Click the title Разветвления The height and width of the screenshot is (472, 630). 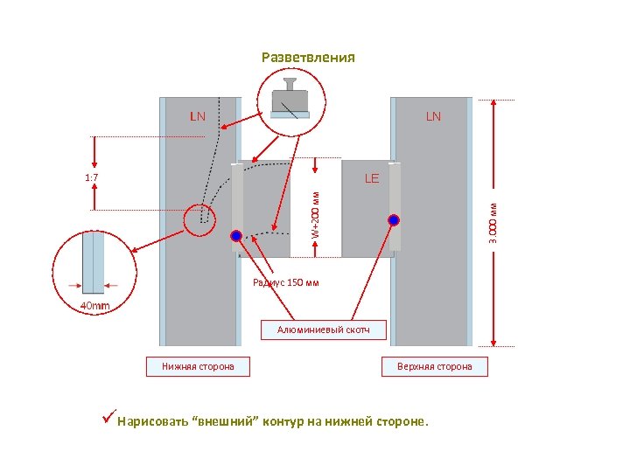click(x=308, y=58)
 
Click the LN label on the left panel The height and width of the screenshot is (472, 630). click(x=199, y=116)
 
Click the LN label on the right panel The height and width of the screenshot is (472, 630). click(x=433, y=116)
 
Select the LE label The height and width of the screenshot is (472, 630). click(x=372, y=178)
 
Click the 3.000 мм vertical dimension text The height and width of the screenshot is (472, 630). click(x=494, y=223)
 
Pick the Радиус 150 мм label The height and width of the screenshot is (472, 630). click(x=286, y=282)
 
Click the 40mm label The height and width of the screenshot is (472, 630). click(x=95, y=306)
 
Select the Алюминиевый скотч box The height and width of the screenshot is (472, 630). click(x=324, y=330)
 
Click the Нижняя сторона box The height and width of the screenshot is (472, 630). click(x=198, y=366)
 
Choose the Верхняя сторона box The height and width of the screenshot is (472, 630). click(x=435, y=366)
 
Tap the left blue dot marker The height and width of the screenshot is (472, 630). click(x=236, y=236)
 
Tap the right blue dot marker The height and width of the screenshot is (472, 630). click(x=394, y=220)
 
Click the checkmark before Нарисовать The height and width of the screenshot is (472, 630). click(x=108, y=419)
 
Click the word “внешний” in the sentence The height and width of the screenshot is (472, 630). click(x=221, y=421)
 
